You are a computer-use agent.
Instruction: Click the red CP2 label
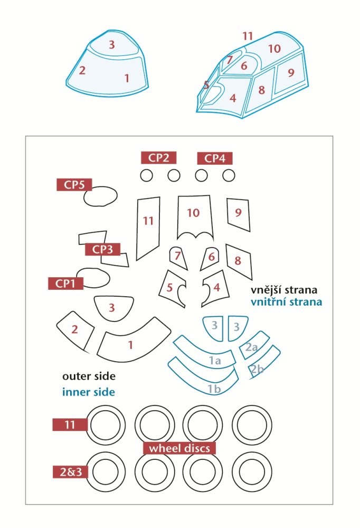(158, 157)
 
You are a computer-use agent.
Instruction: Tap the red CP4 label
(214, 158)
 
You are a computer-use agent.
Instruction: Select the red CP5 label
(74, 184)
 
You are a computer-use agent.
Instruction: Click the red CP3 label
(102, 249)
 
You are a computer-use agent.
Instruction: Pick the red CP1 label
(65, 283)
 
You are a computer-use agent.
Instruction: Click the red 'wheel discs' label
(179, 448)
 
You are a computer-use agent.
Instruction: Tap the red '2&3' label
(70, 472)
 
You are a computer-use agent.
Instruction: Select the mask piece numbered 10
(195, 217)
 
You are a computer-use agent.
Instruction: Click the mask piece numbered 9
(239, 214)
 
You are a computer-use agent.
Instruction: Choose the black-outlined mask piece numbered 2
(75, 331)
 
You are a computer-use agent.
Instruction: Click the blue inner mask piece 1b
(202, 379)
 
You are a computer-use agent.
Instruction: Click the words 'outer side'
(89, 376)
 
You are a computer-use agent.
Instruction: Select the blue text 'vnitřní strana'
(286, 301)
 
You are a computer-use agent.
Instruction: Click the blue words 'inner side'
(89, 392)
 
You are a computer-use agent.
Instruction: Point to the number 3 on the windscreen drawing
(111, 44)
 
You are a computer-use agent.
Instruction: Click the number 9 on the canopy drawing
(291, 72)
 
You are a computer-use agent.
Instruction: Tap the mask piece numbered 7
(178, 258)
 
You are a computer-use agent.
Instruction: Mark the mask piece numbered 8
(239, 261)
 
